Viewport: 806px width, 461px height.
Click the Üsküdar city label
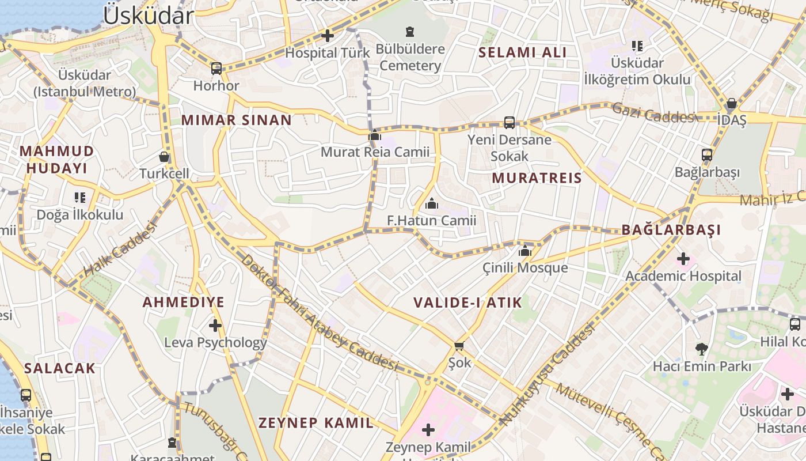tap(148, 16)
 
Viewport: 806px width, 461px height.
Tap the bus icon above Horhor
tap(216, 69)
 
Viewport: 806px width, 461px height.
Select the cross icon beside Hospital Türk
tap(328, 36)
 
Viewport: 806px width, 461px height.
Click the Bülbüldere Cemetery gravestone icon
tap(410, 31)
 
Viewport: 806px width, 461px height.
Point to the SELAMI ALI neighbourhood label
tap(523, 52)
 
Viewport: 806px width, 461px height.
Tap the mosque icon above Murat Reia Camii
tap(375, 135)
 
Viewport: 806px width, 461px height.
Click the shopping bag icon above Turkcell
tap(164, 157)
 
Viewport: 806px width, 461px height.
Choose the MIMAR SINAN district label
tap(236, 120)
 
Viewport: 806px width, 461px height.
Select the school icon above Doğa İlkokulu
tap(80, 198)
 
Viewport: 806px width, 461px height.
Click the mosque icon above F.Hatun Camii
tap(432, 203)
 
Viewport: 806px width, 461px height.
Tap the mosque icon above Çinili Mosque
tap(524, 251)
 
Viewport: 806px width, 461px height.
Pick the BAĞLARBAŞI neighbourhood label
tap(671, 230)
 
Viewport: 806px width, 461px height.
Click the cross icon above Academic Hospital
tap(683, 259)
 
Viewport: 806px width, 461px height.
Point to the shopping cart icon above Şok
tap(459, 346)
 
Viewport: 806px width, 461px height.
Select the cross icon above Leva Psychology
tap(215, 326)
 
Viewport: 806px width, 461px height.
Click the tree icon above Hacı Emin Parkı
tap(701, 349)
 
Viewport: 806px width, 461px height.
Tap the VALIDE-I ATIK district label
tap(467, 303)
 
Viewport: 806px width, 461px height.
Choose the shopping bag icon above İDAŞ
tap(731, 104)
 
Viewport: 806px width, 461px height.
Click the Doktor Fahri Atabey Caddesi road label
tap(320, 314)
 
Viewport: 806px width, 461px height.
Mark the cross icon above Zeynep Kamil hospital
tap(428, 430)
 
